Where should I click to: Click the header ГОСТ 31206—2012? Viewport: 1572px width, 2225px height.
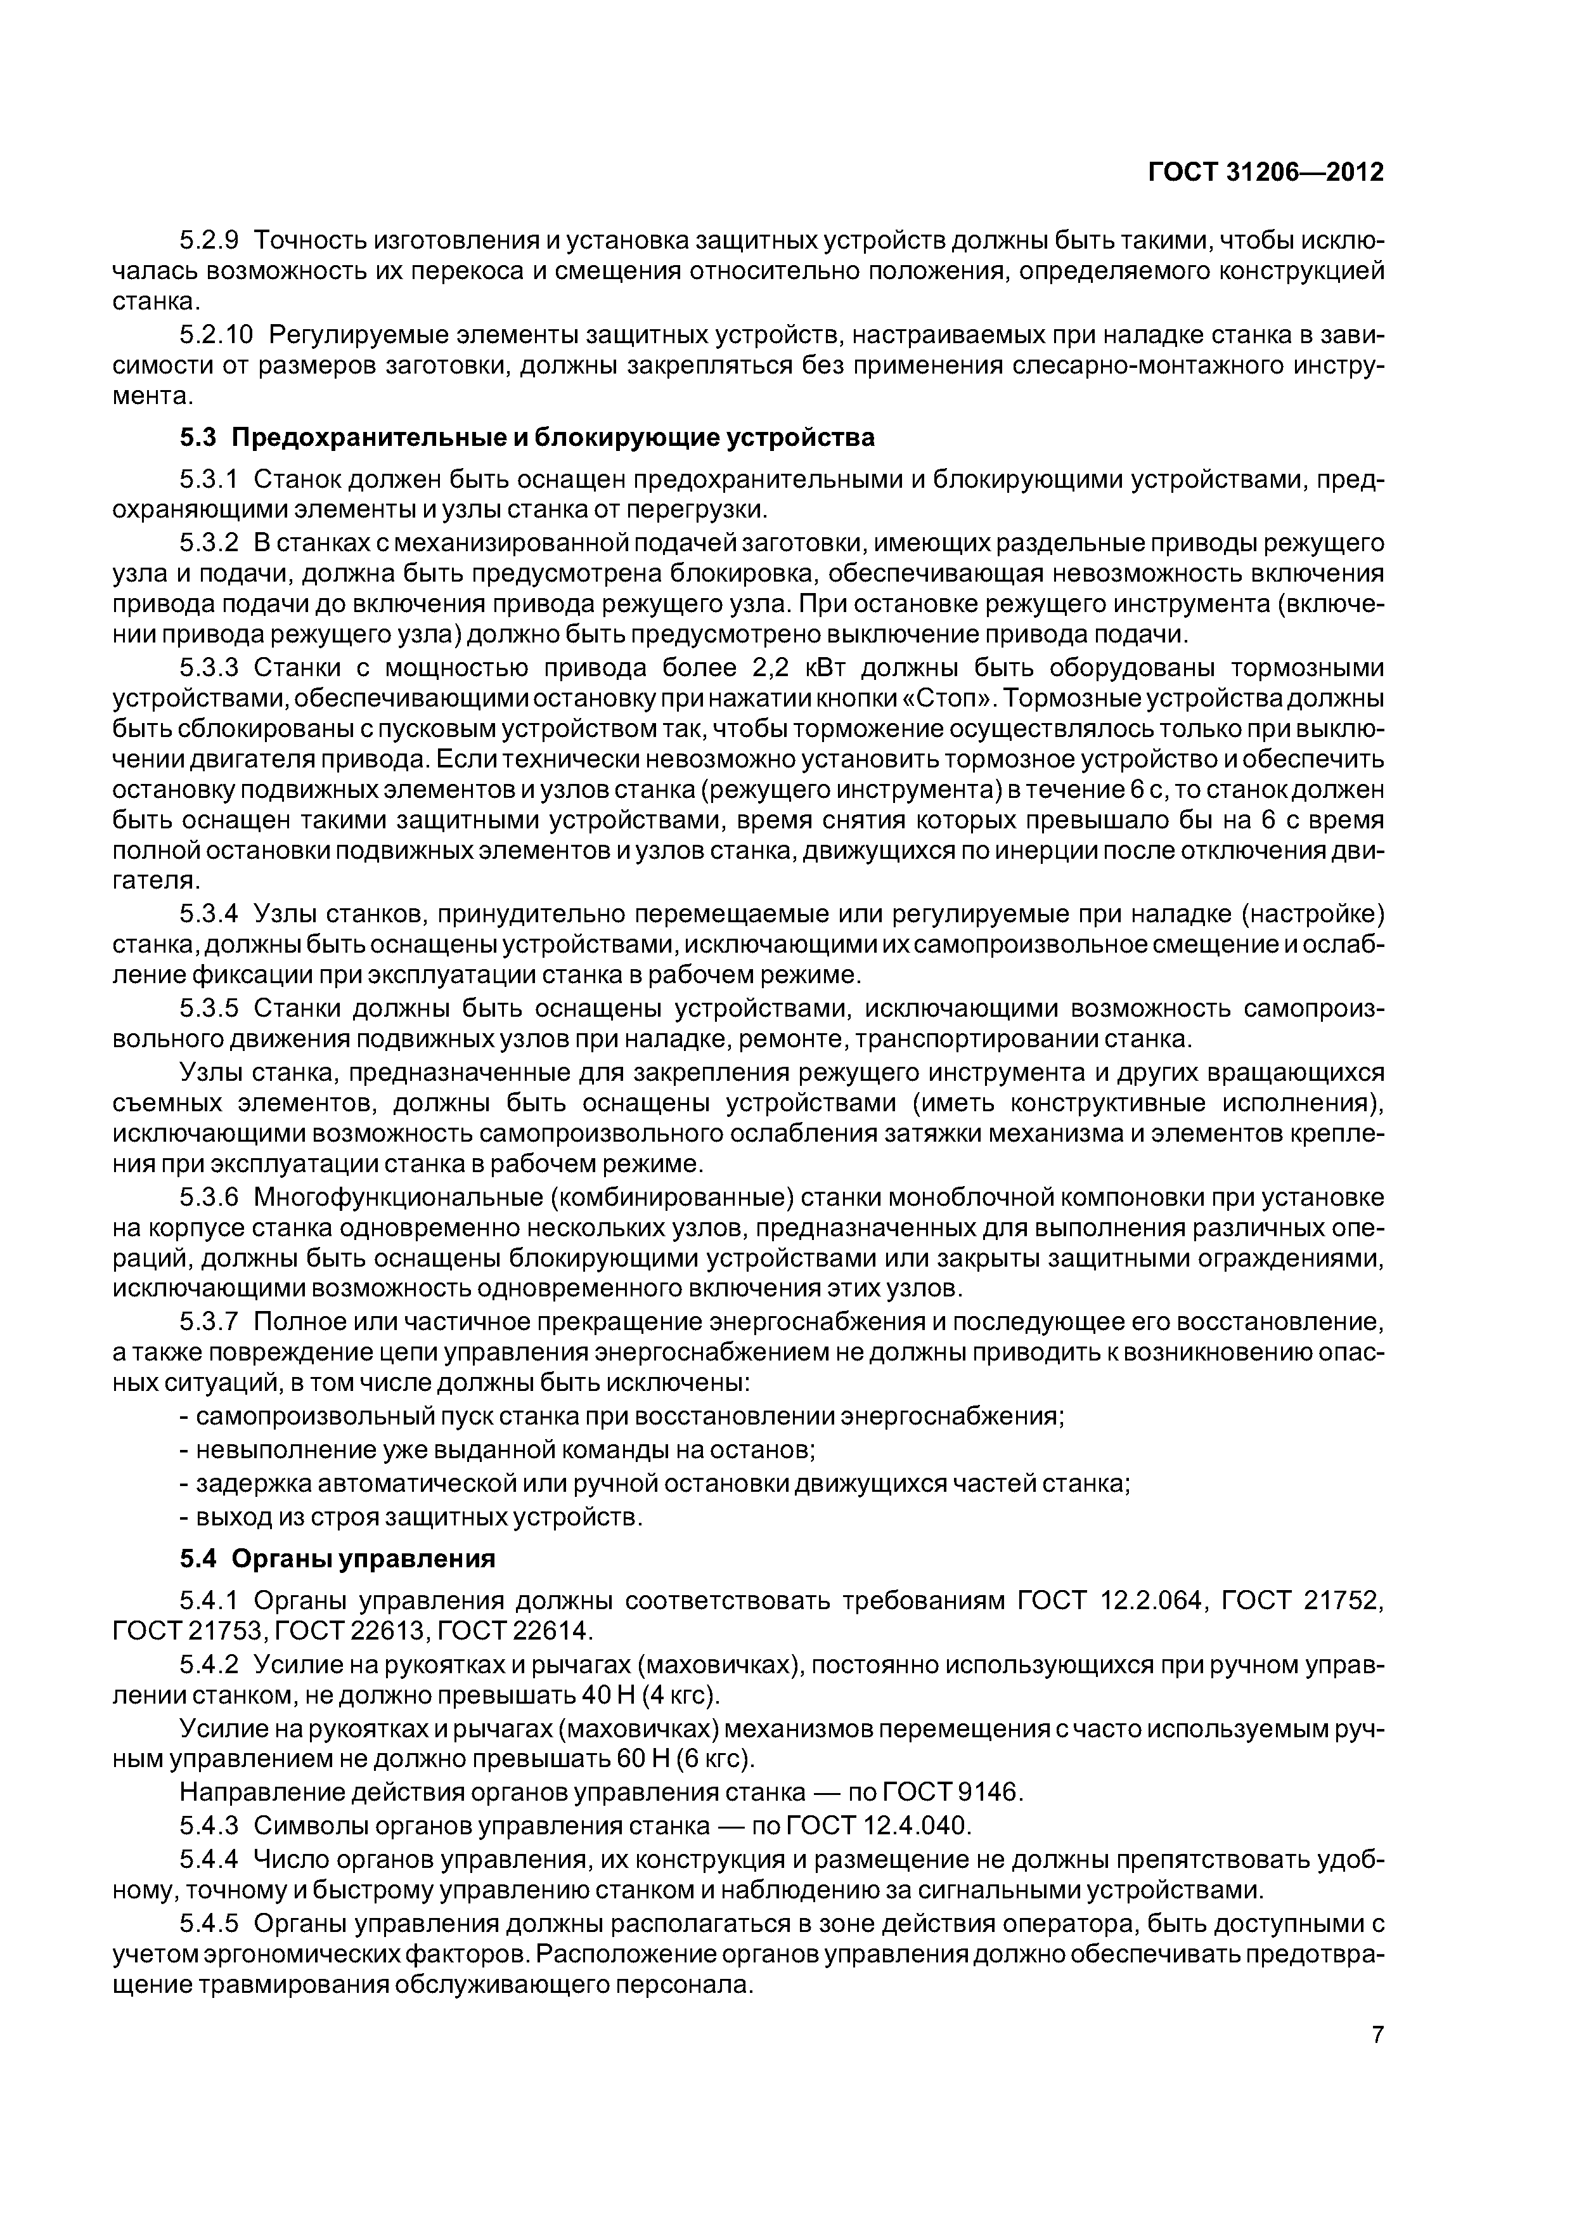pos(1266,173)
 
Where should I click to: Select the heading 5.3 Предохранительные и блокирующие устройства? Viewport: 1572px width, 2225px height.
pos(527,438)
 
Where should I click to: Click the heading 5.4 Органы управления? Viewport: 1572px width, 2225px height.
pos(337,1558)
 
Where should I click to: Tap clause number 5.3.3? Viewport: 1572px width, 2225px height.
pos(209,669)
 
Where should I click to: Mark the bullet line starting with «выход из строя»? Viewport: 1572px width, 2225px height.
pos(411,1516)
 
